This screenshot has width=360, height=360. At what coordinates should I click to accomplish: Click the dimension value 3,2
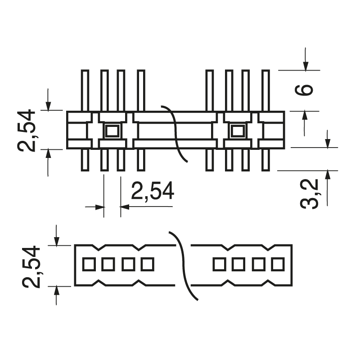(x=310, y=193)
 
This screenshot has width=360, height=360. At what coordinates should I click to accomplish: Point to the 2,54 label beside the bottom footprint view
(x=31, y=266)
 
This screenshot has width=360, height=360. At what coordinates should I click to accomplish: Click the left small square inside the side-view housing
(x=111, y=131)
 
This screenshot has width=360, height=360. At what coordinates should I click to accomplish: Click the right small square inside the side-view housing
(x=237, y=131)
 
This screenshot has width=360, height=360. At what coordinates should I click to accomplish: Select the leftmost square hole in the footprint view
(x=88, y=264)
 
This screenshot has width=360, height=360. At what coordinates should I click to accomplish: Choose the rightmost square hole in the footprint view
(x=277, y=264)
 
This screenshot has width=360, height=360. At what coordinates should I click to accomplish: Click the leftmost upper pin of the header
(x=85, y=90)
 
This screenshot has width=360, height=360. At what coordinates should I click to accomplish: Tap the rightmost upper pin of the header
(x=265, y=90)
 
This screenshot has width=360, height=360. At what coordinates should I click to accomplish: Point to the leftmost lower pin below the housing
(x=85, y=160)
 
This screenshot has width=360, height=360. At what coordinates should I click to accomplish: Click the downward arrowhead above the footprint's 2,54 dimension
(x=56, y=240)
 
